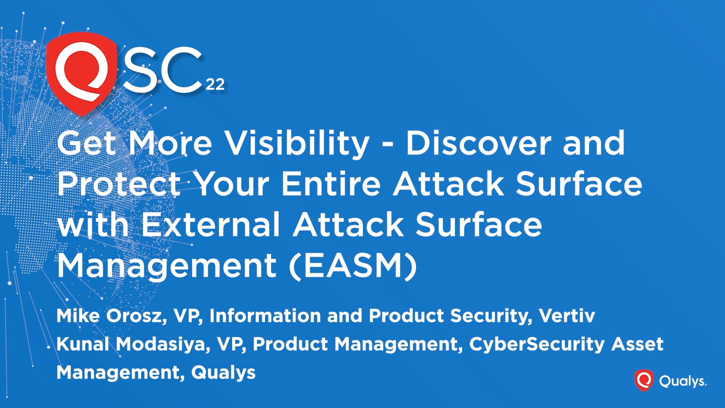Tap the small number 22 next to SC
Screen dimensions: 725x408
point(215,84)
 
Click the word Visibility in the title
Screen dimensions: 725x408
point(298,144)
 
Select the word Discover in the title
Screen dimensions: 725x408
point(478,143)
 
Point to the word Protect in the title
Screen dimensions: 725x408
point(119,184)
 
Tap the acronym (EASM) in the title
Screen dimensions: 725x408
point(353,266)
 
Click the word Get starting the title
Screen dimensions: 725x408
point(86,143)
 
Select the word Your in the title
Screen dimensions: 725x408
point(233,184)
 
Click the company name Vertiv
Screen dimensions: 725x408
point(567,316)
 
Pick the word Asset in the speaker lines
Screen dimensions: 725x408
point(637,344)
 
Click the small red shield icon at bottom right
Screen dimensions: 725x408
point(644,380)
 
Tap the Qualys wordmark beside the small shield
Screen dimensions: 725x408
point(683,381)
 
